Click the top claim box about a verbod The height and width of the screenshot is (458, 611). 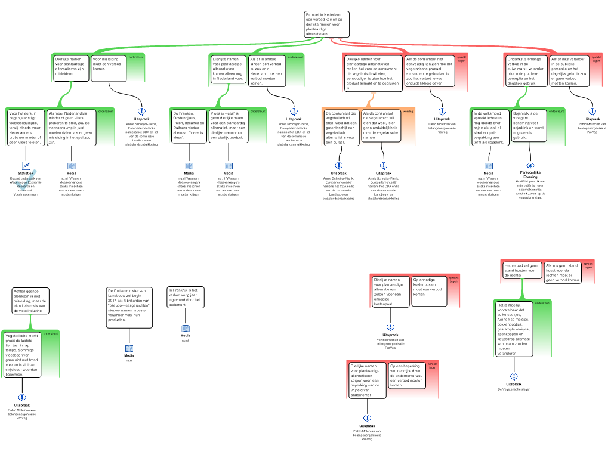click(x=326, y=24)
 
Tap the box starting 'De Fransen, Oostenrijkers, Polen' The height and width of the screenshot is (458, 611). click(x=189, y=126)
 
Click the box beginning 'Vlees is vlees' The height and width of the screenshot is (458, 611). click(x=228, y=126)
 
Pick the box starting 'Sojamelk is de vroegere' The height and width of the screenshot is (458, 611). click(x=529, y=126)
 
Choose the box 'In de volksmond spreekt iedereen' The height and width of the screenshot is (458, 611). click(x=490, y=128)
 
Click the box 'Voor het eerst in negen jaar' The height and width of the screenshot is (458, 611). click(x=26, y=127)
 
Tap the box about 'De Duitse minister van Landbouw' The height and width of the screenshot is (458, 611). click(x=129, y=308)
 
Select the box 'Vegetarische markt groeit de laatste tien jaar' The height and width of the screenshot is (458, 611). click(x=21, y=355)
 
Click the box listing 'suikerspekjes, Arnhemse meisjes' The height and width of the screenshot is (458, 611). click(x=514, y=329)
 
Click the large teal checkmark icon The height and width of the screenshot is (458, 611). click(x=25, y=180)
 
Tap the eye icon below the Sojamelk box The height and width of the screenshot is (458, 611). click(x=531, y=166)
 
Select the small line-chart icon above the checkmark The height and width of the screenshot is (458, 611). click(x=26, y=166)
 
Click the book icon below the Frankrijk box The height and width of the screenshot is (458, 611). click(x=185, y=328)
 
